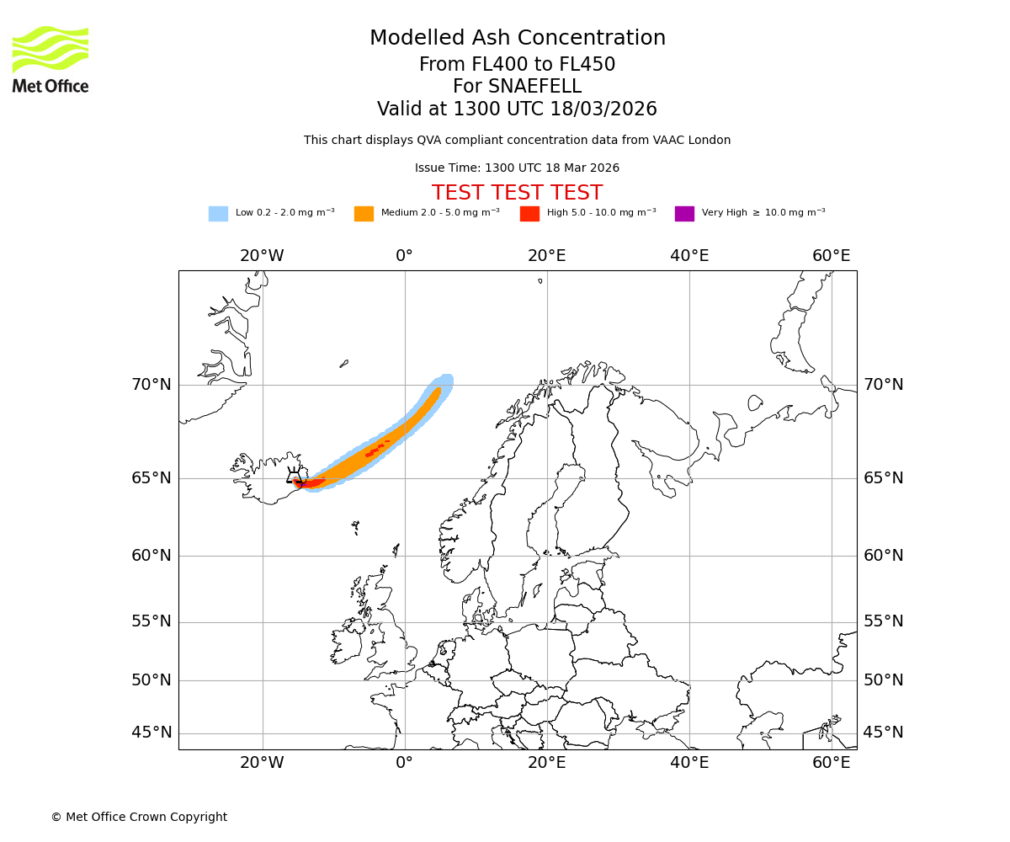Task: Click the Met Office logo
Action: click(x=50, y=59)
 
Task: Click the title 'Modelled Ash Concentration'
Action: click(x=517, y=39)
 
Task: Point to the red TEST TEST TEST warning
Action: click(x=517, y=193)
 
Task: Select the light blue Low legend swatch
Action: click(x=218, y=214)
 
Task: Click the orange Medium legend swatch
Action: click(x=364, y=214)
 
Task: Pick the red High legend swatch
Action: click(x=529, y=214)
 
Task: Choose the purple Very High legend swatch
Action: click(x=684, y=214)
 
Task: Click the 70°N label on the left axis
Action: click(x=151, y=385)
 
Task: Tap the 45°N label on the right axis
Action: click(x=884, y=733)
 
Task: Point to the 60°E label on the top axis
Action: click(x=831, y=256)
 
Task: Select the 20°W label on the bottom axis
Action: click(x=262, y=763)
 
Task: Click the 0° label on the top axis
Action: click(x=404, y=256)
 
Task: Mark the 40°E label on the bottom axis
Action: click(x=689, y=763)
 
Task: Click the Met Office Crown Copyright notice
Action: click(x=139, y=817)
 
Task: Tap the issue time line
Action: click(x=517, y=168)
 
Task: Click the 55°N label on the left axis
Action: click(x=151, y=621)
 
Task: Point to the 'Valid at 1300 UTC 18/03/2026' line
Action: click(x=517, y=109)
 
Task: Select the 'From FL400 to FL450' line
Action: click(x=517, y=65)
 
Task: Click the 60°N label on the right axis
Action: click(x=884, y=556)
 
